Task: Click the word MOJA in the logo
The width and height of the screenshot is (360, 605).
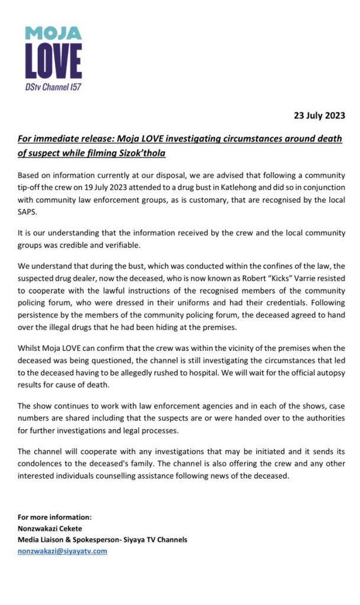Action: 53,32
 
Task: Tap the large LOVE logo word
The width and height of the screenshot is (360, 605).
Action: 53,61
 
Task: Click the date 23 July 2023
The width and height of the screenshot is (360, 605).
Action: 319,115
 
